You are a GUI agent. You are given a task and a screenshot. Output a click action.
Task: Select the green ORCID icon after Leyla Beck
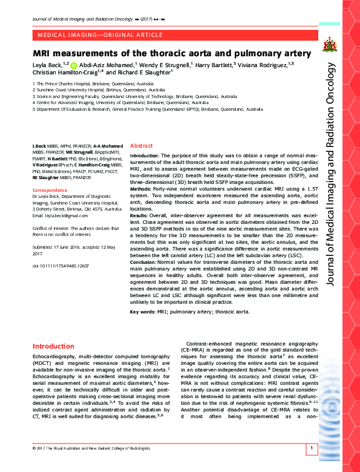click(74, 65)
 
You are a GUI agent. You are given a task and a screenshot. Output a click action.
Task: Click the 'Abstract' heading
click(142, 146)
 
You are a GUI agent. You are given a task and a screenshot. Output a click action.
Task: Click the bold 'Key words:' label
click(144, 312)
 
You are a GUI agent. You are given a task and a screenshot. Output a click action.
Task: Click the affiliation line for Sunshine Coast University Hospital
click(94, 90)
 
